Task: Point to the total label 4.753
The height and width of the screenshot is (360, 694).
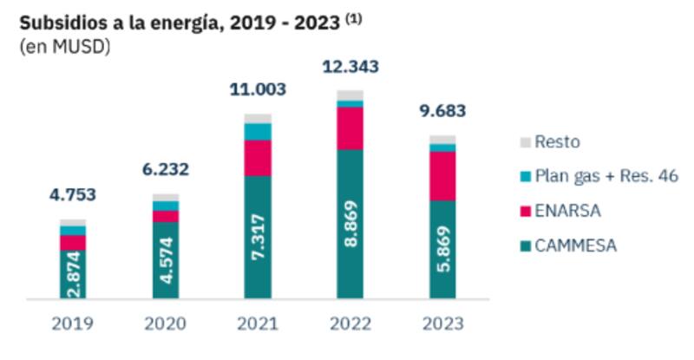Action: click(x=72, y=194)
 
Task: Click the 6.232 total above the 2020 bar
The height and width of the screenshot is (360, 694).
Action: click(x=165, y=169)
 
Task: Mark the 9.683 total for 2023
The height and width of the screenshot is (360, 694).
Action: click(x=442, y=111)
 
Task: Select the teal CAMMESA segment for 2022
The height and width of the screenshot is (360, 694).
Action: click(x=350, y=226)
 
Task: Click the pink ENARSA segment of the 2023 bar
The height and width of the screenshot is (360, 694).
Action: click(x=442, y=176)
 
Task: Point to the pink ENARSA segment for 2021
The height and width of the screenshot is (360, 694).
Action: click(x=258, y=158)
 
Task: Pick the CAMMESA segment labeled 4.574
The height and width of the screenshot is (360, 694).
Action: click(x=165, y=261)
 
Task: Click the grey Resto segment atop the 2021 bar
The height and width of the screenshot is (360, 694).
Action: click(x=258, y=118)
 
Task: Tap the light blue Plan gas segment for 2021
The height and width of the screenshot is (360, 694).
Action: click(x=258, y=131)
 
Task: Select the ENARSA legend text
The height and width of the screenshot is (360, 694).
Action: click(x=568, y=211)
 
